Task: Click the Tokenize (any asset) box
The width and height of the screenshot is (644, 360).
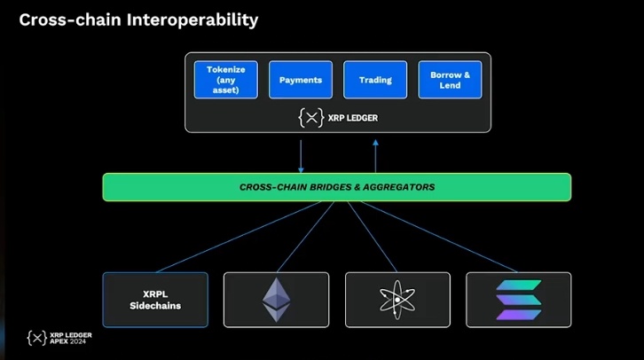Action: tap(225, 80)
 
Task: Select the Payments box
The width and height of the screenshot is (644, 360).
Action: tap(301, 80)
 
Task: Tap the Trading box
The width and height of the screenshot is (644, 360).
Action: tap(375, 80)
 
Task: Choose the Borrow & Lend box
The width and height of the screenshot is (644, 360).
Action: tap(450, 80)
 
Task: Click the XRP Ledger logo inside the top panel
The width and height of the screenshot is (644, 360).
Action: tap(311, 116)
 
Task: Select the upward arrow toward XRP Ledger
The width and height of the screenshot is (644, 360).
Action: tap(375, 154)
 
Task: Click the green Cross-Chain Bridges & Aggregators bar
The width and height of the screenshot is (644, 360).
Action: tap(337, 187)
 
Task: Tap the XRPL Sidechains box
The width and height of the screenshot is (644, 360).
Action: tap(155, 300)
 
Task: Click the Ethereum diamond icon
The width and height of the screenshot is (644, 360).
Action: tap(276, 300)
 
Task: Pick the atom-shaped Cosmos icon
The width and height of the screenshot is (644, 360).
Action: tap(397, 300)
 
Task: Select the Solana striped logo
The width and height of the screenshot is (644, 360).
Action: tap(518, 300)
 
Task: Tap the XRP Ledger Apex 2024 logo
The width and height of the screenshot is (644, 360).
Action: tap(59, 338)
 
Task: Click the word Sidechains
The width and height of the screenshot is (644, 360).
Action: tap(155, 306)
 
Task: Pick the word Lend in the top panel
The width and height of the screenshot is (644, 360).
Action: tap(450, 86)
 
